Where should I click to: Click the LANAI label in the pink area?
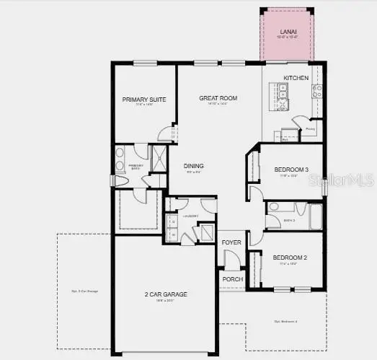pos(287,32)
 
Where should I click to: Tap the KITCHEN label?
pos(296,78)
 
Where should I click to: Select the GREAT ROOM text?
pos(218,98)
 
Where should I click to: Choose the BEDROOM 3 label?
pos(291,170)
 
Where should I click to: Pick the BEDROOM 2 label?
pos(290,258)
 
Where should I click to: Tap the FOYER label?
pos(231,242)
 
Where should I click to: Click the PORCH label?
pos(232,279)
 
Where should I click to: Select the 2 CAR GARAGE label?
pos(166,294)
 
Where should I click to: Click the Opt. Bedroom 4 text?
pos(286,321)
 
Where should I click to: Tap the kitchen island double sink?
pos(283,92)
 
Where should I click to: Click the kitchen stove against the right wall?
pos(317,90)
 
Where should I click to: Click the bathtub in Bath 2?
pos(316,216)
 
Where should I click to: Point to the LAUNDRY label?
pos(190,216)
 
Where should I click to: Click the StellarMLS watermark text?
pos(347,177)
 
